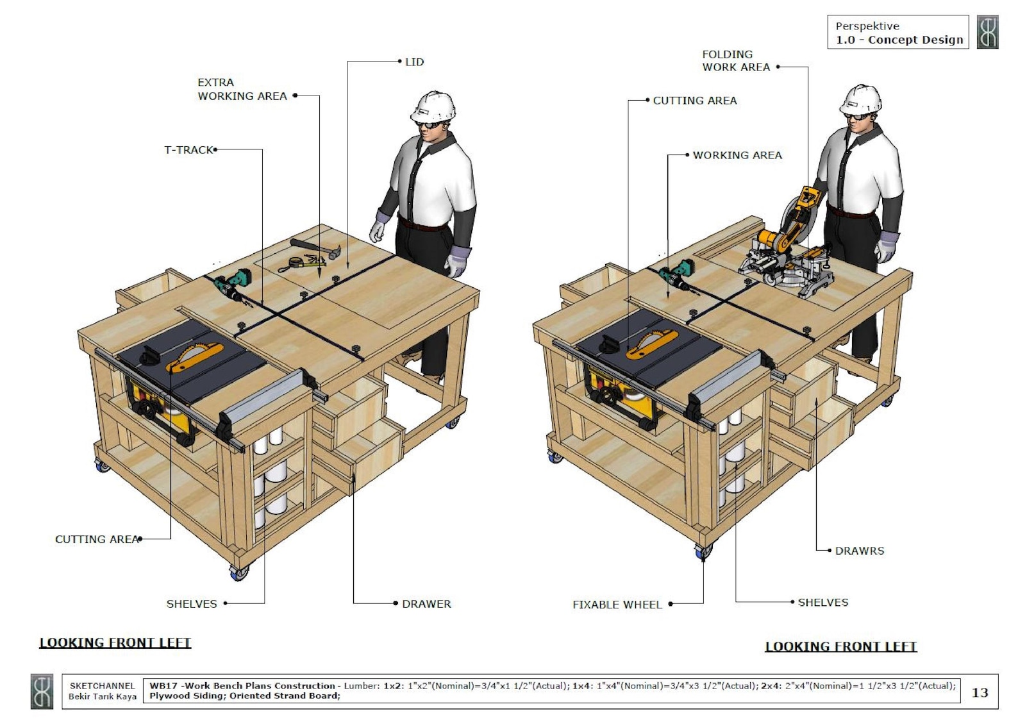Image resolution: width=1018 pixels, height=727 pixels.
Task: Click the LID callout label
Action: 414,62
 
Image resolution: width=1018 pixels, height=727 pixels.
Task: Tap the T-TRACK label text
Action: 188,150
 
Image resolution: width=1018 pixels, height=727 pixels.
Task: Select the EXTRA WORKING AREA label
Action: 242,89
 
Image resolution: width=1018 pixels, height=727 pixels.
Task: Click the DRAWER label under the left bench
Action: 426,604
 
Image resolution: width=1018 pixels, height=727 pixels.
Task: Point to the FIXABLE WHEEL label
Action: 617,605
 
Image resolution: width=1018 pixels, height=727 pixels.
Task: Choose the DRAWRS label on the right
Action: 859,551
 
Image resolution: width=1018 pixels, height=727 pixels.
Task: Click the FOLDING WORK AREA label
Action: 735,61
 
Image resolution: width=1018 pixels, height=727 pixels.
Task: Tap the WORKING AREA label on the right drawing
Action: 737,155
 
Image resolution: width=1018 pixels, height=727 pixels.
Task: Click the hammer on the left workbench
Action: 313,248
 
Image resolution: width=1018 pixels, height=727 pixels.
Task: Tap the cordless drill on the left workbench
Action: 232,284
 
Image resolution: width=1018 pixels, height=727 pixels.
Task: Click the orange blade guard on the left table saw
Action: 194,358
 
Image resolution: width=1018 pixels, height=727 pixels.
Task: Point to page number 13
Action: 980,692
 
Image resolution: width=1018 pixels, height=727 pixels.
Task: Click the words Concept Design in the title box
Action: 915,40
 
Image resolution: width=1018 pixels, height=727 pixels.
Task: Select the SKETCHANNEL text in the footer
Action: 102,686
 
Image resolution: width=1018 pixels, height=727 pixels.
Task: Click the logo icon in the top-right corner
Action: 987,32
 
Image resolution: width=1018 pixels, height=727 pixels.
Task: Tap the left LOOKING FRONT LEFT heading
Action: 115,642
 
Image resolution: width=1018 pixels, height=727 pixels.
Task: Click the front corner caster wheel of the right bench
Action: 703,551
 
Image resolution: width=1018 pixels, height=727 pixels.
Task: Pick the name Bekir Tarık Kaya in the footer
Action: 103,696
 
